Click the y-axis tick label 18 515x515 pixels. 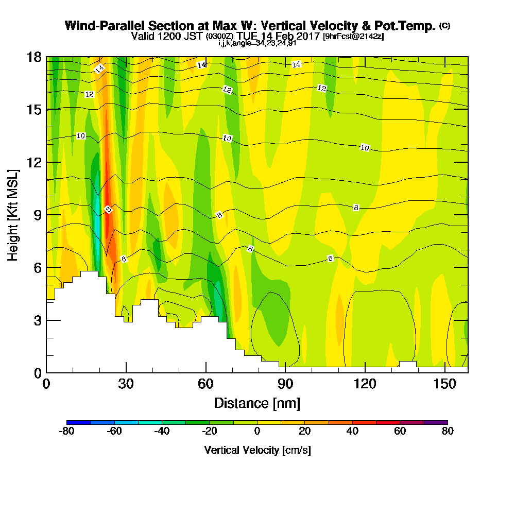(35, 57)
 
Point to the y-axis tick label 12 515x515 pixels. (35, 162)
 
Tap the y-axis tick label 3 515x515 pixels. (38, 320)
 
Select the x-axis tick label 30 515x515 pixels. (126, 384)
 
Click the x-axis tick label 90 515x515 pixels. (285, 384)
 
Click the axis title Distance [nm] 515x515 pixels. (257, 403)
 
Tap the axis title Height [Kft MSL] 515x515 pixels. (13, 214)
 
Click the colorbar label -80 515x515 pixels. (67, 432)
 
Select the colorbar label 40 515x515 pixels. (352, 432)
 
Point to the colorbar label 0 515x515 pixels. (257, 432)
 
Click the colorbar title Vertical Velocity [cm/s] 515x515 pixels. (257, 450)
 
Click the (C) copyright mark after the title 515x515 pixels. (444, 26)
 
